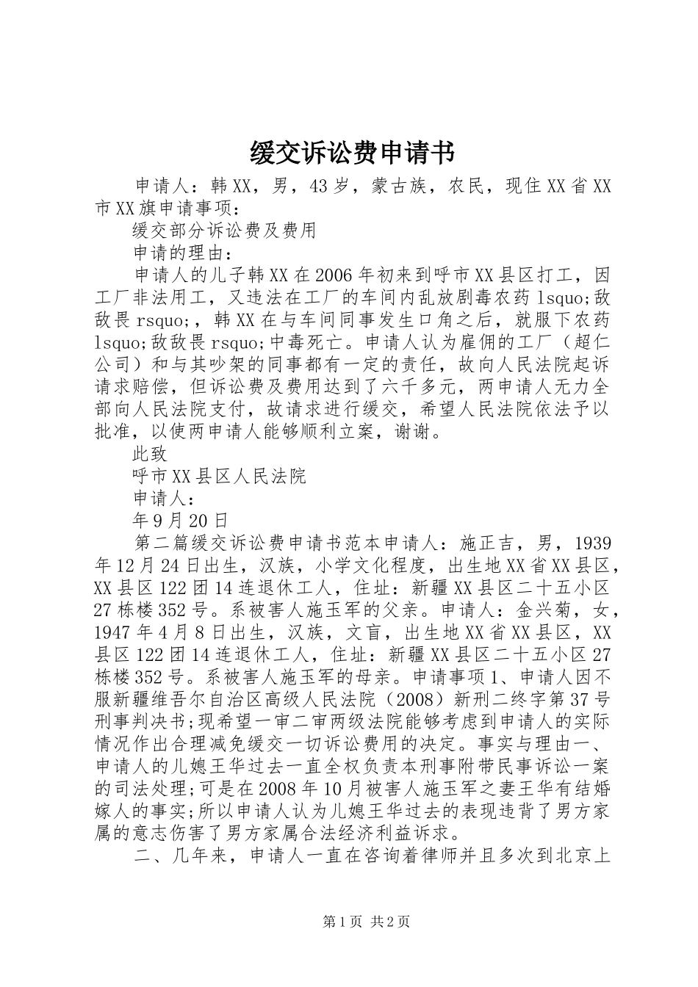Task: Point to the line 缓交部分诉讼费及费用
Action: coord(224,230)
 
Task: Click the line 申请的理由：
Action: coord(183,253)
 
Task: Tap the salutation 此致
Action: coord(150,455)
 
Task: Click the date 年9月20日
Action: coord(181,521)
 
